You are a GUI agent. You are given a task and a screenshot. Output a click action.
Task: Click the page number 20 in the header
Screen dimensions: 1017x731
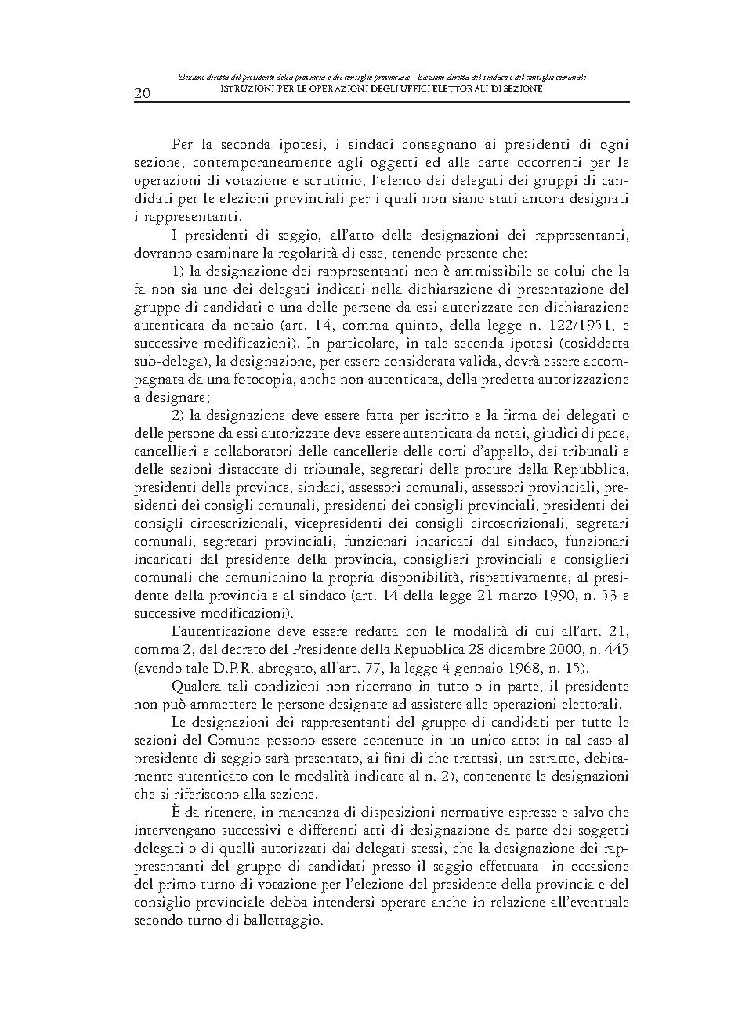point(143,93)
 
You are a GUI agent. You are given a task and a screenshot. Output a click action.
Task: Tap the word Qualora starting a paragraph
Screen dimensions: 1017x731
point(197,686)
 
